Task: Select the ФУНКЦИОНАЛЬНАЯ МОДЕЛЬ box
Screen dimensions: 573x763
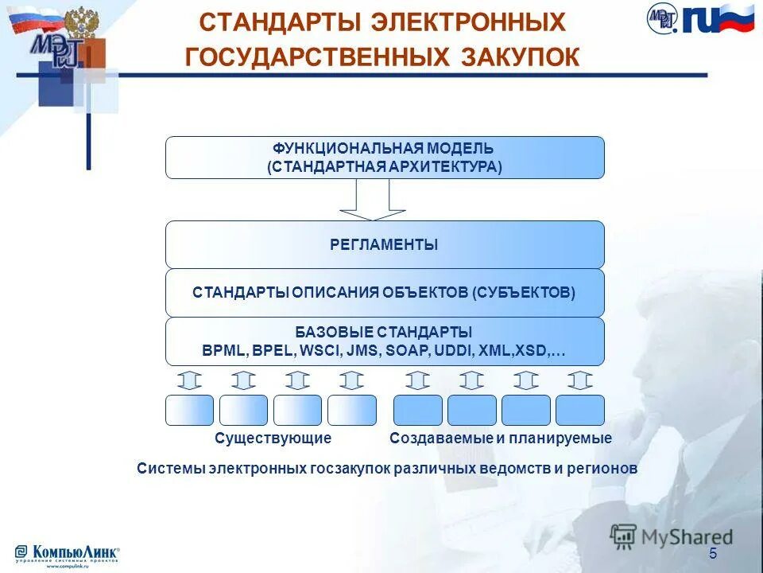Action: coord(385,158)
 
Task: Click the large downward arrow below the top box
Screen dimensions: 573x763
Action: coord(373,200)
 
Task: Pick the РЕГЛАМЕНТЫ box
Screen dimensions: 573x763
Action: coord(385,244)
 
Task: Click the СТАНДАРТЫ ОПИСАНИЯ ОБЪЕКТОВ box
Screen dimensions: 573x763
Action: coord(385,292)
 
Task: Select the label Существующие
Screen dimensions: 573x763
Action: coord(273,439)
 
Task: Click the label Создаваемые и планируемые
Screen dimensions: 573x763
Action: coord(501,439)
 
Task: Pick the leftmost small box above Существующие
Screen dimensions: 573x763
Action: coord(189,410)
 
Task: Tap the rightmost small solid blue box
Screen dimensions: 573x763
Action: coord(580,410)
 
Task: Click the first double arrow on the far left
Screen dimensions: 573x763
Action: coord(189,380)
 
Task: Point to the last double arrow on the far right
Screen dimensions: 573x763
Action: coord(580,380)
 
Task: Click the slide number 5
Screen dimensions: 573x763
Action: coord(713,554)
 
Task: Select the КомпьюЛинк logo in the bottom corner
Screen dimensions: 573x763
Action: coord(68,554)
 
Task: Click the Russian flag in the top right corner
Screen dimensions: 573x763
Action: coord(728,18)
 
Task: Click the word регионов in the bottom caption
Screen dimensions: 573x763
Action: coord(606,468)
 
